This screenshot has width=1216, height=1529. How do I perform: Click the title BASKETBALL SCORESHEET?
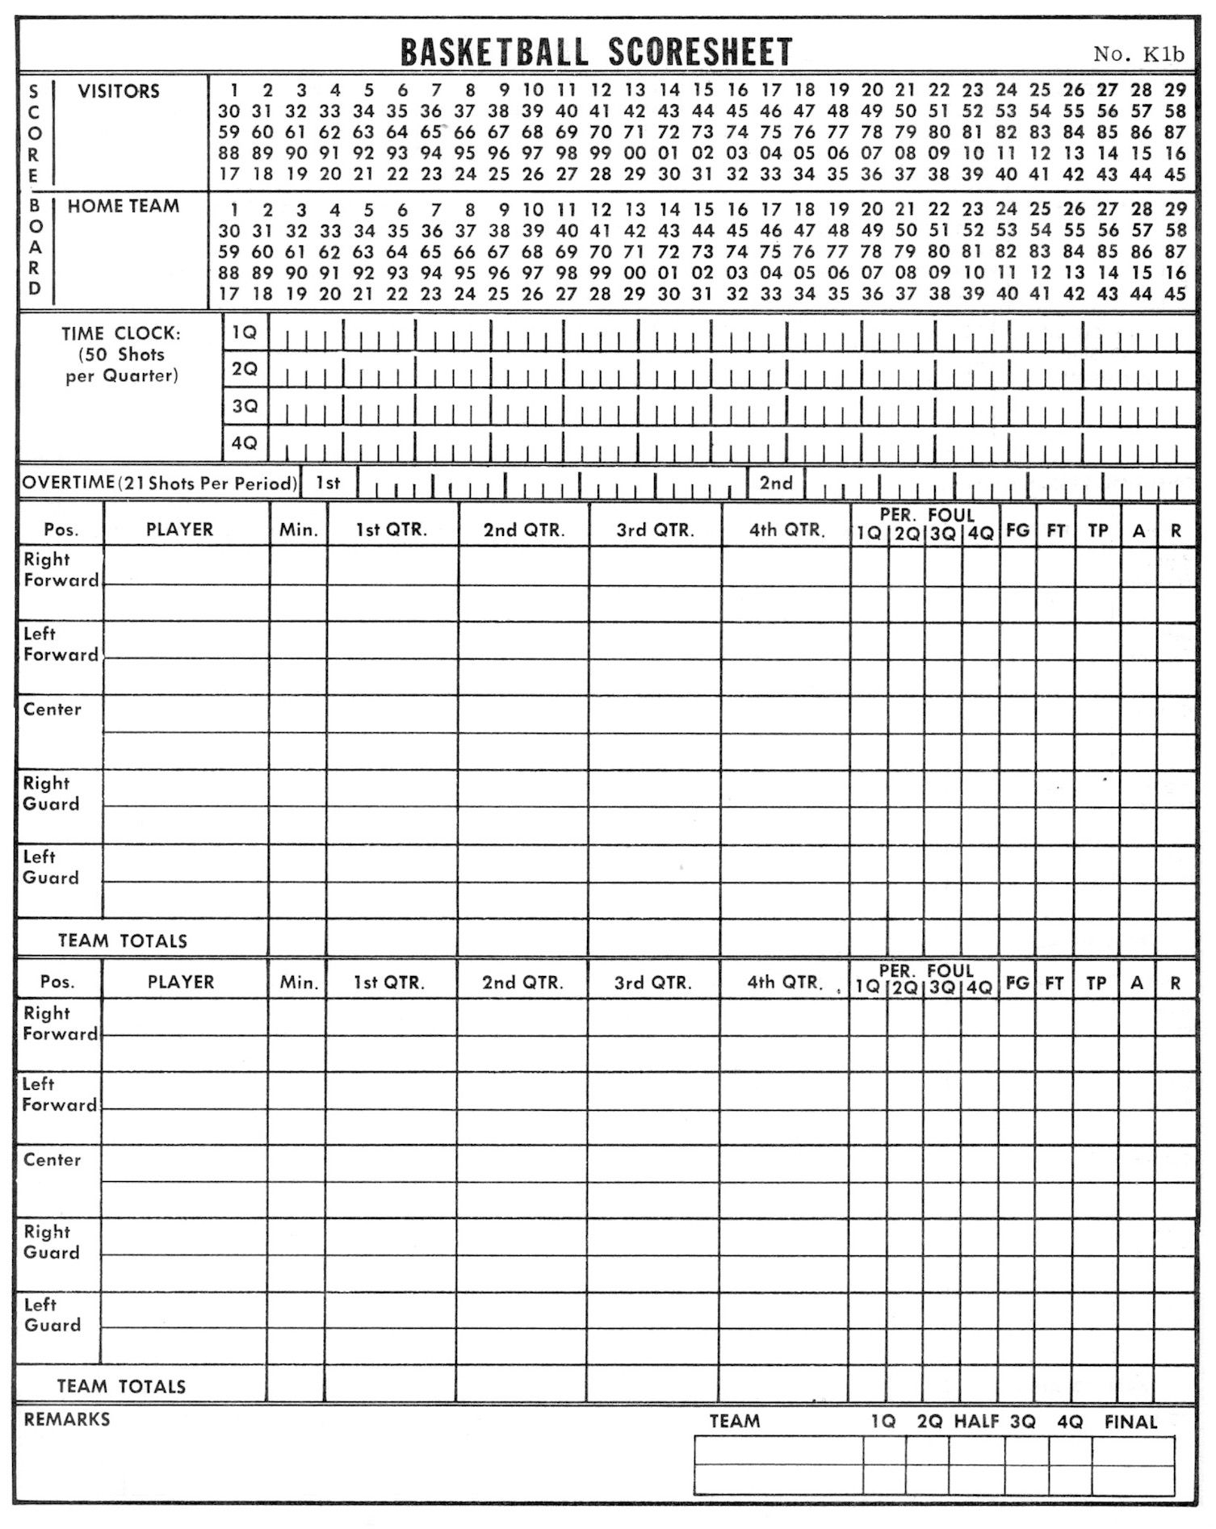click(596, 52)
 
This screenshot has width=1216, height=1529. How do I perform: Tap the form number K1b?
click(1138, 54)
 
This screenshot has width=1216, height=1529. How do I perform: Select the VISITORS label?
click(119, 91)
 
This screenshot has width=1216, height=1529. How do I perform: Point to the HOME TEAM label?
click(124, 207)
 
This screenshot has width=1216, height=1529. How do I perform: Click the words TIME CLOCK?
click(121, 333)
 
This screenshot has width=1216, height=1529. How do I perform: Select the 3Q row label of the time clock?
click(245, 406)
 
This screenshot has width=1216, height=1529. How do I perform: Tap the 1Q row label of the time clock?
click(245, 332)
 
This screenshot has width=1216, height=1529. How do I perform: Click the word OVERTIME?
click(69, 483)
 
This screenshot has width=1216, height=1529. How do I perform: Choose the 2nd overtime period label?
click(775, 483)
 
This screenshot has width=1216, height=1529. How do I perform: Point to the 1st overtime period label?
click(328, 483)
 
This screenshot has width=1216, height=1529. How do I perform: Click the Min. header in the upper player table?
click(299, 530)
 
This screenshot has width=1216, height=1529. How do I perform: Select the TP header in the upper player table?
click(1098, 530)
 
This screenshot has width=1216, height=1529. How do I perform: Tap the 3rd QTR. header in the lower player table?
click(653, 983)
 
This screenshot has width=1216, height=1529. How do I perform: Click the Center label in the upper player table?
click(52, 710)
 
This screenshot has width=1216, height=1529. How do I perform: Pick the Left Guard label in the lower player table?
click(52, 1315)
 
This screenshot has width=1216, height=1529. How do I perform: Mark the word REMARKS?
click(67, 1420)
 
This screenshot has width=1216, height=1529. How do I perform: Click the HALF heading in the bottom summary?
click(976, 1422)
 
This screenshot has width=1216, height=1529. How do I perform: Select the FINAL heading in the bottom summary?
click(1130, 1422)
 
